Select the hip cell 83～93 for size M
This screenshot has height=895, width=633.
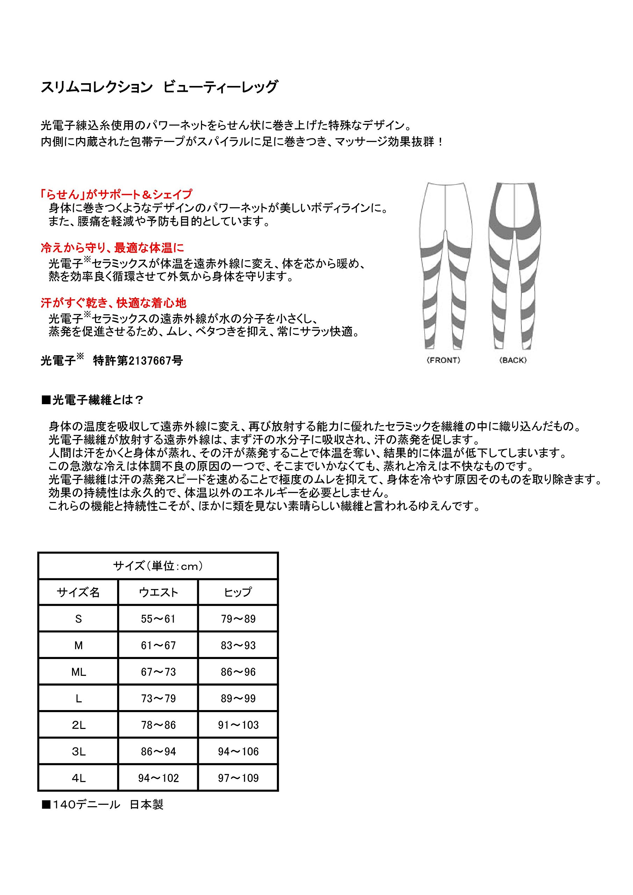tap(238, 645)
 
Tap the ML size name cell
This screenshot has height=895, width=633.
tap(78, 672)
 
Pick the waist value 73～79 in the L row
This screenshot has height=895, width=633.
tap(158, 698)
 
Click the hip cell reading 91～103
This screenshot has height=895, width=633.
tap(238, 725)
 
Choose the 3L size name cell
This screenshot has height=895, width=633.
tap(78, 751)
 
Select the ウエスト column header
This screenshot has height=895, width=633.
tap(158, 592)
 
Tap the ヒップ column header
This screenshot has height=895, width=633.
tap(238, 592)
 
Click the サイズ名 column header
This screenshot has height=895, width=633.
tap(78, 592)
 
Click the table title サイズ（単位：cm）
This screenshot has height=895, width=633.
tap(158, 566)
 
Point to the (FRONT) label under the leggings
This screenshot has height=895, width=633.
tap(443, 360)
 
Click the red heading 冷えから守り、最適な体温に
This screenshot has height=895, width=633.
tap(112, 248)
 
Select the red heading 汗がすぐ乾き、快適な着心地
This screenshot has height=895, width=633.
tap(114, 303)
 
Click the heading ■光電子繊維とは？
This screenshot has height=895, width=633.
tap(93, 400)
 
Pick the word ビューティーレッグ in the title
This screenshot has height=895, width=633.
tap(220, 87)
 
